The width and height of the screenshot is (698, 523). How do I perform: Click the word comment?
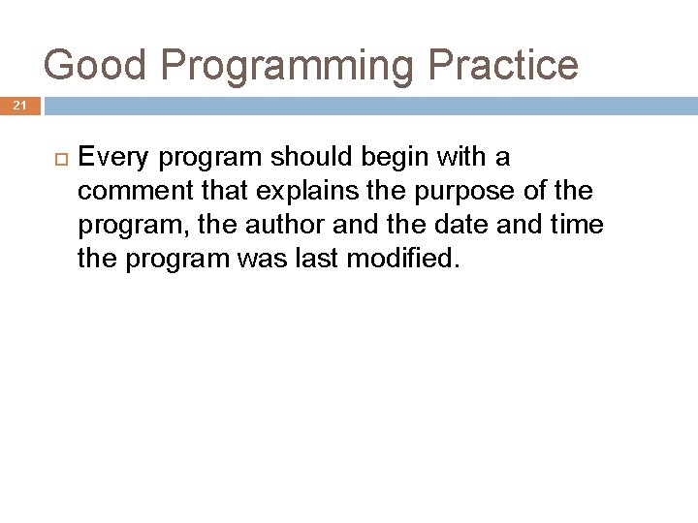point(134,191)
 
